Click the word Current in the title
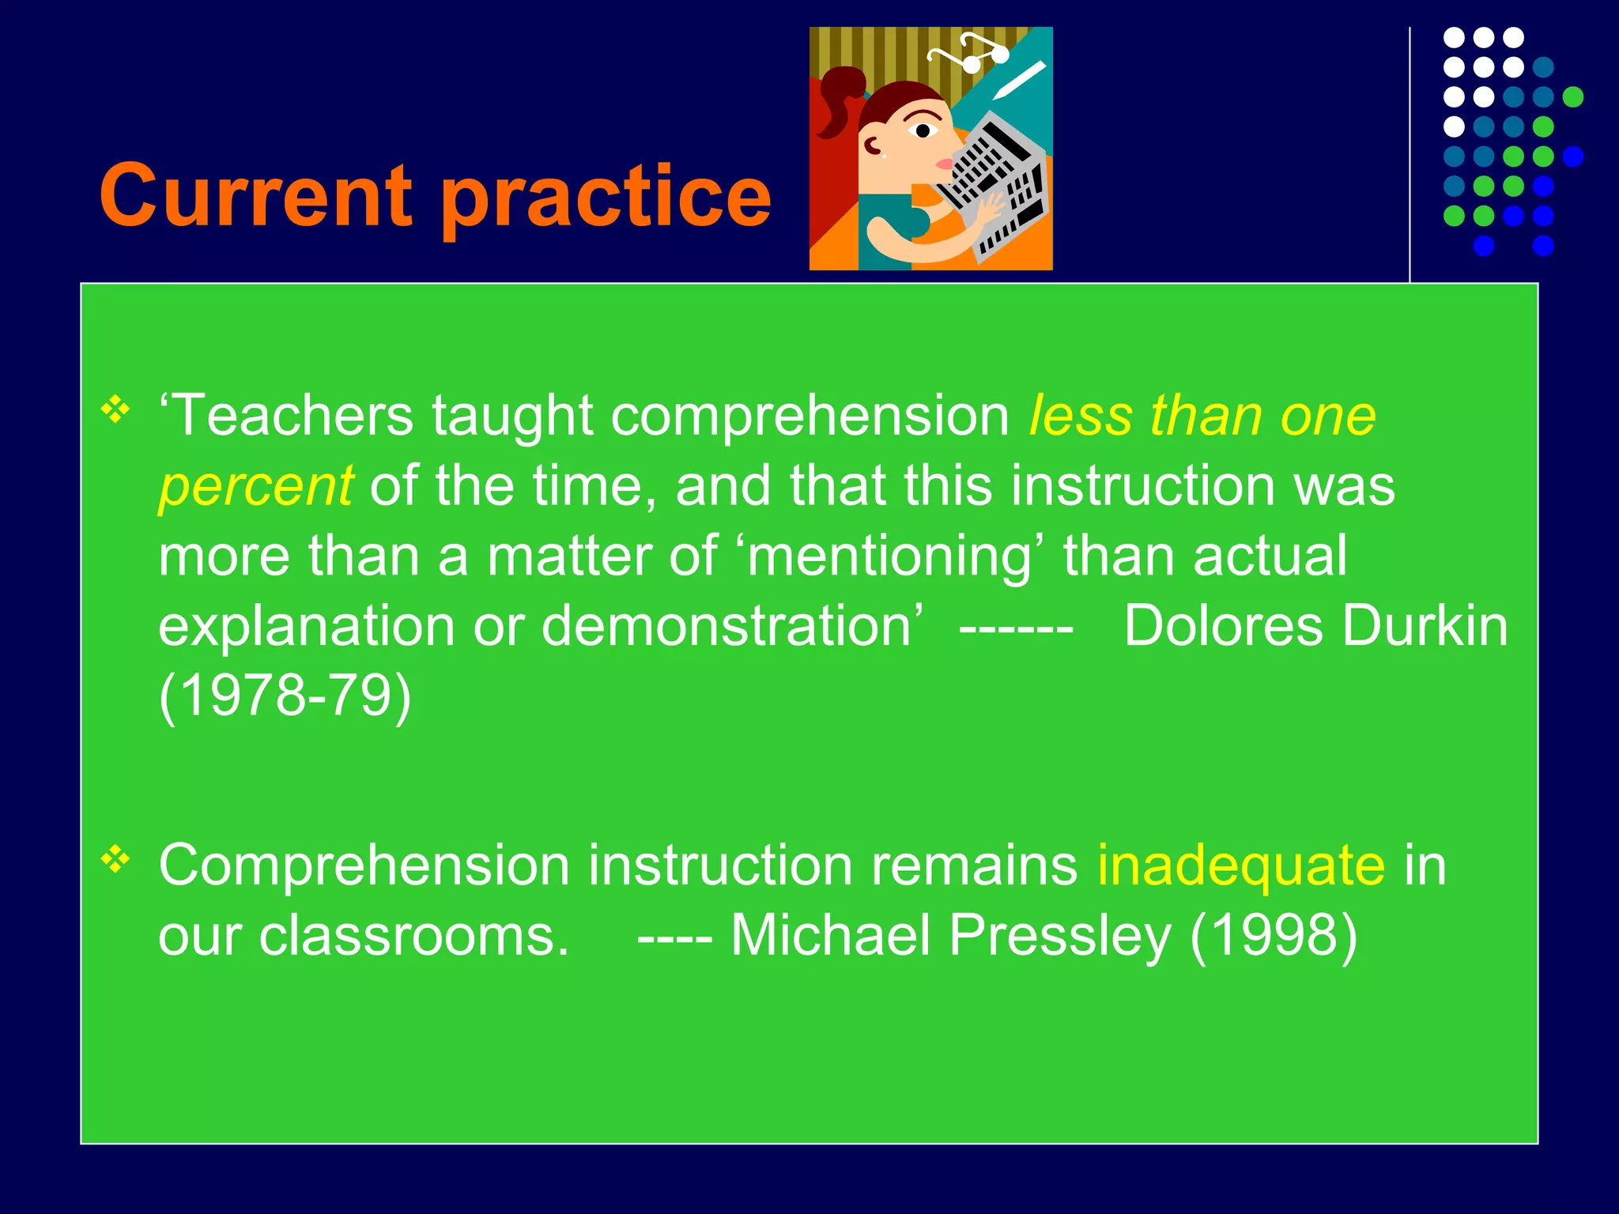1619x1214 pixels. [x=255, y=195]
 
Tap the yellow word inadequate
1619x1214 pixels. [x=1240, y=865]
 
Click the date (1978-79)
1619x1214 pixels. [x=285, y=696]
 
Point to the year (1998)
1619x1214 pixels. [x=1273, y=936]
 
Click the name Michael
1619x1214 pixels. [x=829, y=936]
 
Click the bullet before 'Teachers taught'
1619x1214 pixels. [x=115, y=409]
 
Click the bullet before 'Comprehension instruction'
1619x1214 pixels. [x=115, y=859]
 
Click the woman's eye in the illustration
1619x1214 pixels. [x=922, y=130]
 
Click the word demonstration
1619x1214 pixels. [x=727, y=626]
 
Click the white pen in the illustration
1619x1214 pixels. [x=1020, y=80]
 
